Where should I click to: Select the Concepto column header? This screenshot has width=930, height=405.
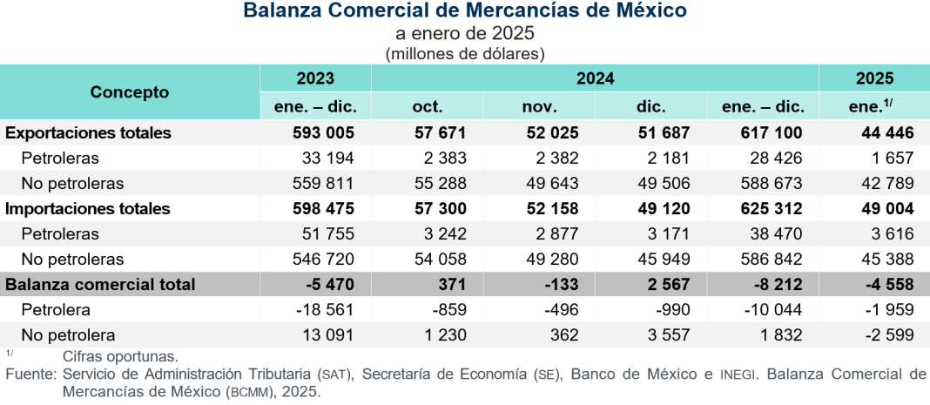point(130,92)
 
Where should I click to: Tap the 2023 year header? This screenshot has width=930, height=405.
point(315,78)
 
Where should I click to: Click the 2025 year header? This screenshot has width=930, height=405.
point(874,78)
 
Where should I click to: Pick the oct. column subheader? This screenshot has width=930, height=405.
point(427,107)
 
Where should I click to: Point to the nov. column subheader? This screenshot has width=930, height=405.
point(539,107)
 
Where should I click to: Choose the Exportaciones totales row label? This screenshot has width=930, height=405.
point(89,133)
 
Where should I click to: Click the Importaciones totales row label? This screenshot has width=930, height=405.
point(88,209)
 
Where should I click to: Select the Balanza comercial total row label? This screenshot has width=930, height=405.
point(100,285)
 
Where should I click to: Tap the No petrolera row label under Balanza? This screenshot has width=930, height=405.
point(69,335)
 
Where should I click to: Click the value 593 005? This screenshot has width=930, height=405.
point(327,133)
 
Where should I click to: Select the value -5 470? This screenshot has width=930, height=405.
point(333,285)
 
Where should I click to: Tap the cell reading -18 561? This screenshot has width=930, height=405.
point(329,310)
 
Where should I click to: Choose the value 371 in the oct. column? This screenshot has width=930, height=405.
point(453,285)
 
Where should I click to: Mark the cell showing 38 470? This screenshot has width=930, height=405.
point(773,234)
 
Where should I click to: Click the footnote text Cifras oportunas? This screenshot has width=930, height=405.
point(120,356)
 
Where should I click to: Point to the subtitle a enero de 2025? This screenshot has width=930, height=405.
point(464,34)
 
